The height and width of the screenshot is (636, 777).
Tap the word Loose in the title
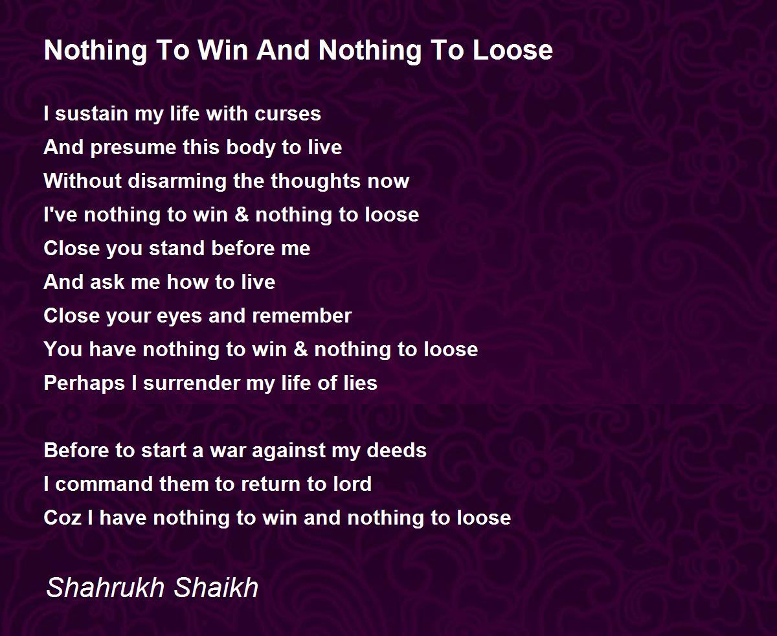(513, 50)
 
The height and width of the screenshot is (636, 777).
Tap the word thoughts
(315, 181)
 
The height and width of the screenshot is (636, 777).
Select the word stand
(177, 248)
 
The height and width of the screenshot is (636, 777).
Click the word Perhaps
(84, 383)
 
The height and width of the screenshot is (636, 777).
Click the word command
(104, 484)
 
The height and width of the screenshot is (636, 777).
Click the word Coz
(62, 517)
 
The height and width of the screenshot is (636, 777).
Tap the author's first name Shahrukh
(106, 587)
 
